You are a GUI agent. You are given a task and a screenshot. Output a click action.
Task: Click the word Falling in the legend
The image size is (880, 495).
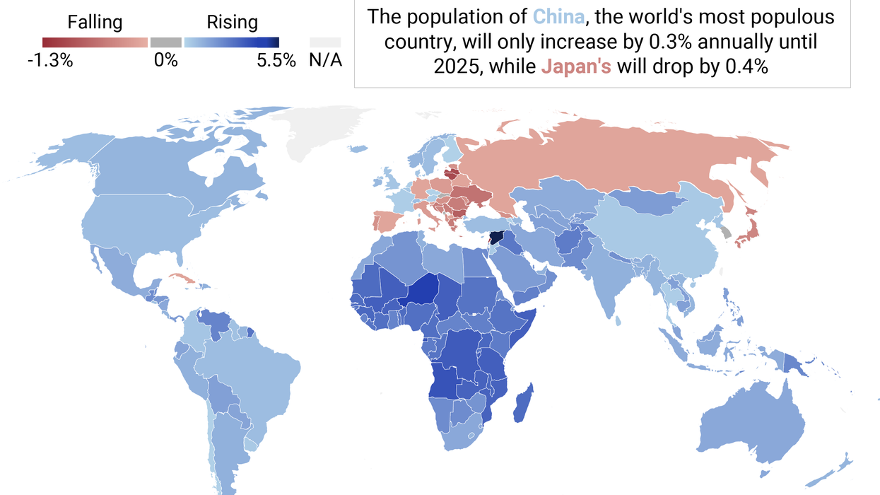(95, 23)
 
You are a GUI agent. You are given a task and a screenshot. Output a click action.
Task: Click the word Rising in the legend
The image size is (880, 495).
(232, 23)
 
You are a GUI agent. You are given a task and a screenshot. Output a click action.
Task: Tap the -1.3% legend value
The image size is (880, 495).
(49, 61)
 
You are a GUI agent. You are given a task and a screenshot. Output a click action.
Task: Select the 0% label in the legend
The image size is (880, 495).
(166, 61)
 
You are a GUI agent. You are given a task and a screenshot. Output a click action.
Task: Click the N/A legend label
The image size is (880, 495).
(325, 61)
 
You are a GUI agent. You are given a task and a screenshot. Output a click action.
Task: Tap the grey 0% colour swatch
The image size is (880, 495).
(166, 42)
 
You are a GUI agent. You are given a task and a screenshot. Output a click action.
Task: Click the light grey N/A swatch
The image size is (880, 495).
(325, 42)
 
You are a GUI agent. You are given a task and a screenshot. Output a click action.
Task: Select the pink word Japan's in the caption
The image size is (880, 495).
(577, 67)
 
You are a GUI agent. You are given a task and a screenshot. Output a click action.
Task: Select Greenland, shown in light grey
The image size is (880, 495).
(318, 131)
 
